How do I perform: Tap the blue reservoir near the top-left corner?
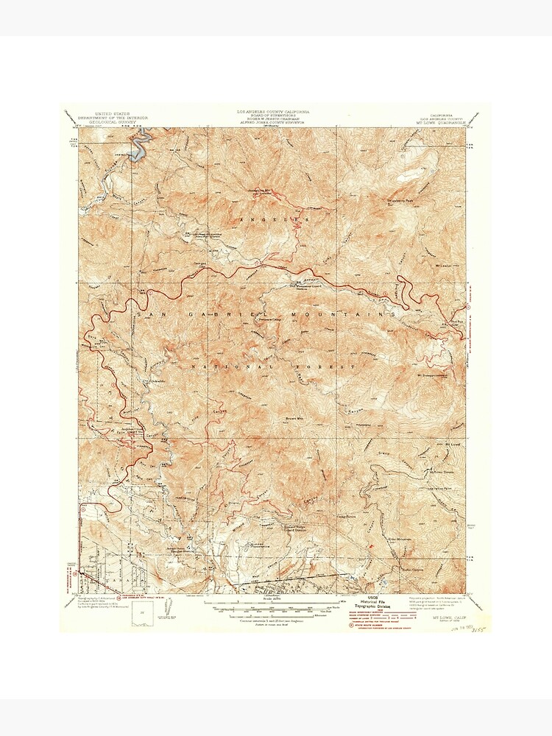click(138, 148)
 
